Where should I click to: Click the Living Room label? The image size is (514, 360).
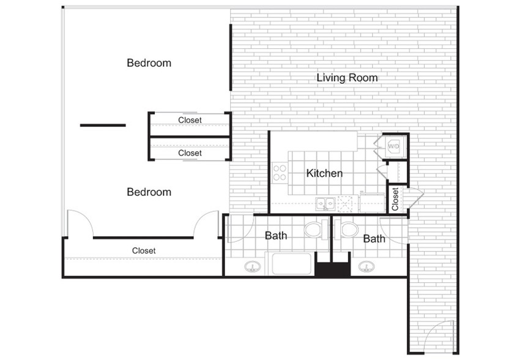pyautogui.click(x=347, y=78)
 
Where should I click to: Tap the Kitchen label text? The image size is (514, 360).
pyautogui.click(x=324, y=173)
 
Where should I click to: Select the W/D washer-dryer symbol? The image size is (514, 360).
pyautogui.click(x=393, y=146)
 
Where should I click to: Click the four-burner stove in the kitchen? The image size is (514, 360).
pyautogui.click(x=280, y=173)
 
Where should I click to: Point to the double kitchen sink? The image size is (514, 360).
pyautogui.click(x=325, y=204)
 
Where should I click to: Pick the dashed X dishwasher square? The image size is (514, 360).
pyautogui.click(x=345, y=203)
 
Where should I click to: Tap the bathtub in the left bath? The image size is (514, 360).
pyautogui.click(x=291, y=264)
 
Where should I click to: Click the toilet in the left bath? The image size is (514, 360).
pyautogui.click(x=316, y=229)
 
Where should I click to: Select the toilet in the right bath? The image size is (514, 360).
pyautogui.click(x=346, y=229)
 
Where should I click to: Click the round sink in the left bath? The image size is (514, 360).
pyautogui.click(x=253, y=266)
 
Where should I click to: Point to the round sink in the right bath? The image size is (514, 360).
pyautogui.click(x=366, y=266)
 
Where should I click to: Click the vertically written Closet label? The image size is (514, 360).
pyautogui.click(x=395, y=199)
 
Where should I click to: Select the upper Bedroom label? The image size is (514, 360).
pyautogui.click(x=149, y=63)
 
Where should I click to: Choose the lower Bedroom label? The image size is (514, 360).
pyautogui.click(x=149, y=192)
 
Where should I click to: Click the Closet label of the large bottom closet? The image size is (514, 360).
pyautogui.click(x=144, y=251)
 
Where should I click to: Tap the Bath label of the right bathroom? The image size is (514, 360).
pyautogui.click(x=374, y=239)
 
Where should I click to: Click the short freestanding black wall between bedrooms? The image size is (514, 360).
pyautogui.click(x=103, y=126)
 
